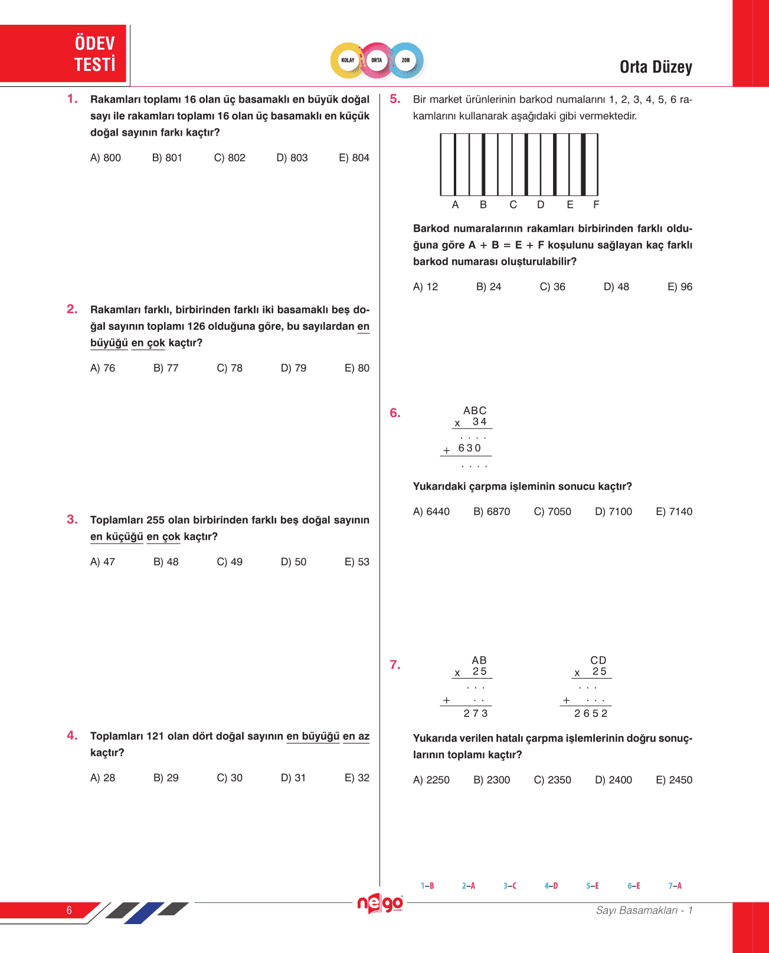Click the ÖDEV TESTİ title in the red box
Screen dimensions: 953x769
(x=94, y=54)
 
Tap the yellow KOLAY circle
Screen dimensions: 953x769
(x=348, y=60)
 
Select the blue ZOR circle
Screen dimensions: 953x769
(x=406, y=60)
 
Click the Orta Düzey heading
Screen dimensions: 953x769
(x=656, y=67)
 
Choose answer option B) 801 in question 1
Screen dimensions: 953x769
(x=167, y=158)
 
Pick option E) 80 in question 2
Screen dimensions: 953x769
(x=356, y=368)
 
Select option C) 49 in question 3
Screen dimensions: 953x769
(x=230, y=562)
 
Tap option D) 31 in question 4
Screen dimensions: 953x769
(x=293, y=778)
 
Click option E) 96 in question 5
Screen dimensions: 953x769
(x=680, y=287)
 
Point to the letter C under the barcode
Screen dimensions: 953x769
(x=513, y=205)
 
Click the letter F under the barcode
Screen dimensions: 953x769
(x=596, y=205)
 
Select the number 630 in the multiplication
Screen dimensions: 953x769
(x=469, y=448)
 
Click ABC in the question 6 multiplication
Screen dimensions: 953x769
(x=475, y=411)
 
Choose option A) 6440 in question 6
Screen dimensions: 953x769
(x=431, y=512)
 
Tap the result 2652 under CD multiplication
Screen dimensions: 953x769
(x=591, y=714)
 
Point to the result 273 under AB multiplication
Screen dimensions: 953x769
(x=476, y=714)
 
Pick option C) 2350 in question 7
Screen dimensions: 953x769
(x=552, y=780)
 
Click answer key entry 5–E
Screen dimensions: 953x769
(x=593, y=886)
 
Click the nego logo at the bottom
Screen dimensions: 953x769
(x=381, y=903)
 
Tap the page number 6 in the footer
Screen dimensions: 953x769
(x=69, y=911)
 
